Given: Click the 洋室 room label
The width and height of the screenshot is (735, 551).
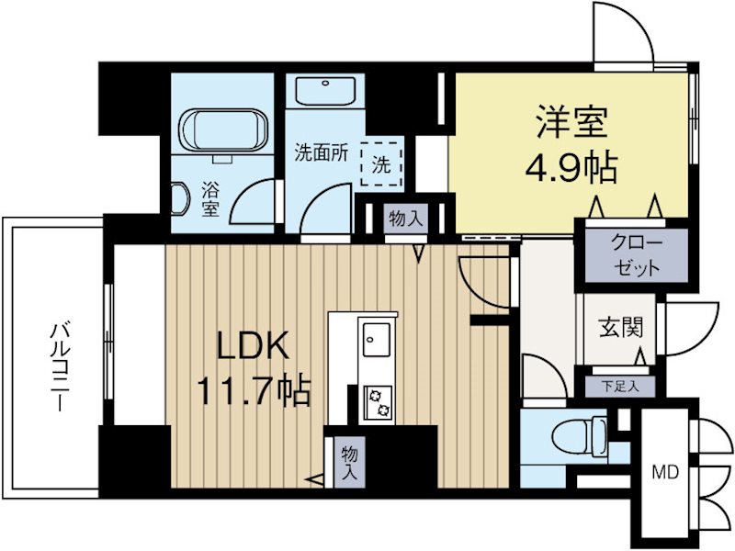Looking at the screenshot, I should click(570, 123).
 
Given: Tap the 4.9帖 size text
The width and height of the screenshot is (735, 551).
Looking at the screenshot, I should click(570, 167).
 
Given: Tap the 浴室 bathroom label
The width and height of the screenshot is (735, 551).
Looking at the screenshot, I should click(210, 199).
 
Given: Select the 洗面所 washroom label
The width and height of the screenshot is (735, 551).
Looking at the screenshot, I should click(321, 153).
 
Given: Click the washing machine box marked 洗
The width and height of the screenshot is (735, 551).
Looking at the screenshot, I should click(381, 165).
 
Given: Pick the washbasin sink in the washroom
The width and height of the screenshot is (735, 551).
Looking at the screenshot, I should click(327, 93).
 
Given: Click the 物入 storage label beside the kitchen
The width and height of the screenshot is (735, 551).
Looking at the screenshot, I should click(349, 462).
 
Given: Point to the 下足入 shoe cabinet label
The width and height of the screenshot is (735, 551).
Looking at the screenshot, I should click(616, 386).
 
